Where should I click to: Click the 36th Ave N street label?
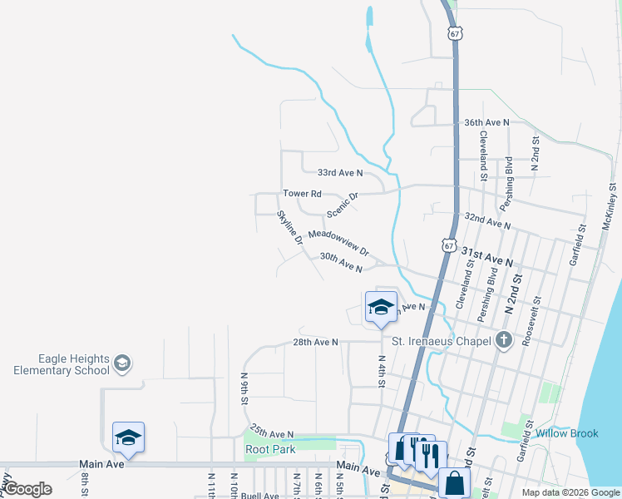(x=486, y=122)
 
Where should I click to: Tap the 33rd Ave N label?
(x=340, y=173)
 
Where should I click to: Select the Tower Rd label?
(x=302, y=194)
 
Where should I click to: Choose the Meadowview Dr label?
(x=338, y=244)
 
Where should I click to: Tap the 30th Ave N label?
(x=341, y=263)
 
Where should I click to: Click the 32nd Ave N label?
(x=487, y=221)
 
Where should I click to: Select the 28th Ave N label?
(x=315, y=342)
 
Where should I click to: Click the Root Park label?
(x=270, y=450)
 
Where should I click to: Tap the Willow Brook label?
(x=567, y=433)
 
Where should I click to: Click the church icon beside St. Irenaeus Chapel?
(x=503, y=339)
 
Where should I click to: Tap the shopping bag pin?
(x=455, y=482)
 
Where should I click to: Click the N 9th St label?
(x=244, y=388)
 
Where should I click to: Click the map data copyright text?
(x=570, y=492)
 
